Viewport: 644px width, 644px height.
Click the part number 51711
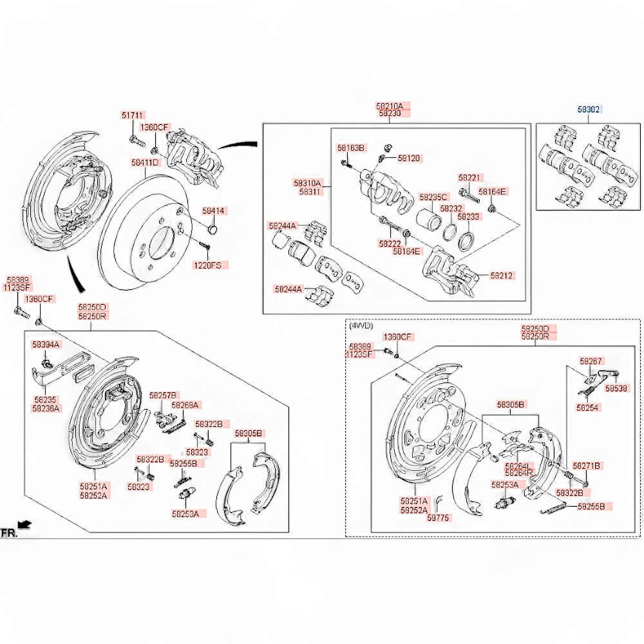pyautogui.click(x=133, y=115)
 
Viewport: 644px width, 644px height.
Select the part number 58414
pyautogui.click(x=214, y=211)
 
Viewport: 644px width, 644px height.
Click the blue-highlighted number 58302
pyautogui.click(x=589, y=109)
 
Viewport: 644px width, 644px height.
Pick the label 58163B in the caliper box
pyautogui.click(x=352, y=148)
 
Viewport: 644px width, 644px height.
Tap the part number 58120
pyautogui.click(x=408, y=158)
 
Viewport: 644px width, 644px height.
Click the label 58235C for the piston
pyautogui.click(x=433, y=197)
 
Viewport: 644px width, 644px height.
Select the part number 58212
pyautogui.click(x=502, y=275)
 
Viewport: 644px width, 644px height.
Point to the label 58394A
pyautogui.click(x=46, y=345)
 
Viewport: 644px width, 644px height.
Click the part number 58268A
pyautogui.click(x=185, y=405)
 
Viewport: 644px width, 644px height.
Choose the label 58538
pyautogui.click(x=616, y=388)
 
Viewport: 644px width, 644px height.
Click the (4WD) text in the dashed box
pyautogui.click(x=361, y=327)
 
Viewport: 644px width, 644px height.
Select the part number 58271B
pyautogui.click(x=587, y=466)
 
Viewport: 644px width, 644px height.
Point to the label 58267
pyautogui.click(x=591, y=361)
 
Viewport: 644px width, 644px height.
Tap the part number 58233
pyautogui.click(x=468, y=217)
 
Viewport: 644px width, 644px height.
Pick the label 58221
pyautogui.click(x=470, y=177)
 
